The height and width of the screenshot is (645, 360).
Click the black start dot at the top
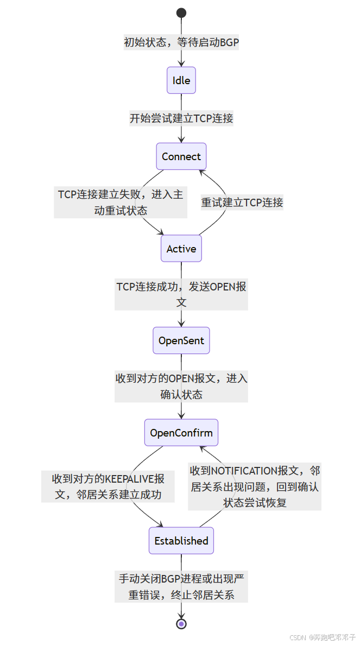(181, 13)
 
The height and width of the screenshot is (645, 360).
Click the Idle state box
(181, 80)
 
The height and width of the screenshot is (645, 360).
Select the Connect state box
(181, 156)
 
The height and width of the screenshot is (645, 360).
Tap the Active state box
(181, 249)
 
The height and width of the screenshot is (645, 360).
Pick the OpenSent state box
(181, 340)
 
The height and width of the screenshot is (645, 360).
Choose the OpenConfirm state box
(181, 433)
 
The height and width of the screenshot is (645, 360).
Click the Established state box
(181, 541)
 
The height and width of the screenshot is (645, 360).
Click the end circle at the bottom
(181, 623)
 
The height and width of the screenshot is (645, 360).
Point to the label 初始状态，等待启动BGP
(181, 42)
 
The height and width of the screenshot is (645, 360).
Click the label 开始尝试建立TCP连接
(181, 118)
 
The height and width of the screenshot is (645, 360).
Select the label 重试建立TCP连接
(242, 203)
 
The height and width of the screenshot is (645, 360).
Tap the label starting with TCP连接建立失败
(121, 202)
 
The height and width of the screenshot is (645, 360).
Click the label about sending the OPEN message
(181, 294)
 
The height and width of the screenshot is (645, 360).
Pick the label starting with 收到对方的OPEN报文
(181, 386)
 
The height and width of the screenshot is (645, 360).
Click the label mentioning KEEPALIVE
(108, 486)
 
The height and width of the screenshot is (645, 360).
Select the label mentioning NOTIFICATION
(255, 486)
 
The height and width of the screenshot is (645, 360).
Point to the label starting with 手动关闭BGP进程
(181, 586)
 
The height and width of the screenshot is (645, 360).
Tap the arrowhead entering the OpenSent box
(181, 324)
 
